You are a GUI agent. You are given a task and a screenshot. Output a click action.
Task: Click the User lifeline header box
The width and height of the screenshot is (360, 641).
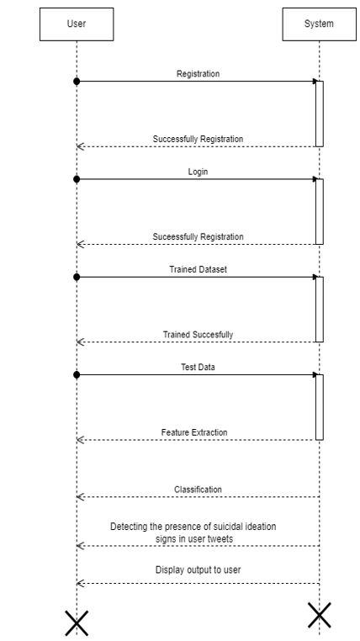[x=77, y=24]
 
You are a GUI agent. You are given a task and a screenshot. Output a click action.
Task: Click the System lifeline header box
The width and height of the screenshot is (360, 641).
[x=319, y=24]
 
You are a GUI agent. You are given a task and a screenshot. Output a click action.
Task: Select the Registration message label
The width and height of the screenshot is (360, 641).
[x=199, y=73]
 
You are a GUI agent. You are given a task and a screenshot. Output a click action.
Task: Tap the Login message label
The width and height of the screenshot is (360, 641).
[x=199, y=172]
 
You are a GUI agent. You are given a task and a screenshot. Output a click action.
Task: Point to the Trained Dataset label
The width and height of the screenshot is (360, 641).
[x=199, y=269]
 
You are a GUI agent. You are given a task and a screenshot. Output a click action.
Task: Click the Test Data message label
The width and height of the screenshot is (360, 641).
[x=199, y=367]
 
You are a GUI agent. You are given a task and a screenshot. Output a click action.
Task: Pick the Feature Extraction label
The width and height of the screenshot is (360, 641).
[x=194, y=432]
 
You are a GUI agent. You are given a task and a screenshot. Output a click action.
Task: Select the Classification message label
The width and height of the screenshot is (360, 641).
[x=199, y=490]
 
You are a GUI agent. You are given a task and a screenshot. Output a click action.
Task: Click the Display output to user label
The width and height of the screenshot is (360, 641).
[x=199, y=569]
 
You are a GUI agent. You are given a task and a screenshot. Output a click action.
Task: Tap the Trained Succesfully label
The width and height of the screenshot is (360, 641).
[x=199, y=335]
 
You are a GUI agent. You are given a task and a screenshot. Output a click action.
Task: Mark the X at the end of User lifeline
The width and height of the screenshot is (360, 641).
[x=77, y=623]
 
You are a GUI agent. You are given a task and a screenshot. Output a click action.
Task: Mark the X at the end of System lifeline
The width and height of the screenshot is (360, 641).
[x=319, y=615]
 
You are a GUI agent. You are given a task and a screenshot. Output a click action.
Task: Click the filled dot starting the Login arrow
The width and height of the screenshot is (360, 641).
[x=77, y=179]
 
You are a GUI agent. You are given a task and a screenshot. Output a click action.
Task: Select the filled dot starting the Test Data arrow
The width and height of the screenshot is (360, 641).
[x=77, y=375]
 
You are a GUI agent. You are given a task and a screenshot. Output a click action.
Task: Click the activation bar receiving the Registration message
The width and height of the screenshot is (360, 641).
[x=319, y=114]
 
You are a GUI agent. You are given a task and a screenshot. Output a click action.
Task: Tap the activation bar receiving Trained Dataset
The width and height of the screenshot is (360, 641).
[x=319, y=310]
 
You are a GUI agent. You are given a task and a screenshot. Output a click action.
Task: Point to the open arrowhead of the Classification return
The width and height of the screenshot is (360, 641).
[x=80, y=497]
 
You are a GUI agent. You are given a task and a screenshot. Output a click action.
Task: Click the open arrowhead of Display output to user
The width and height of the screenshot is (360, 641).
[x=80, y=583]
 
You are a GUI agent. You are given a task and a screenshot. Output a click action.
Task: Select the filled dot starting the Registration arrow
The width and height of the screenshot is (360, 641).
[x=77, y=82]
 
